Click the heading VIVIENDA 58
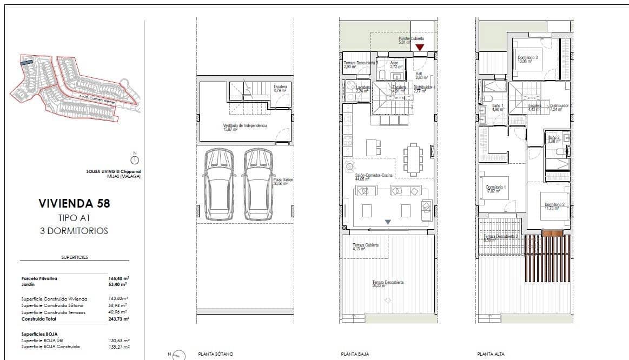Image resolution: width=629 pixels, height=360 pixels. [74, 203]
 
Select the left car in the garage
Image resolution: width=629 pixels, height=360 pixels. [220, 184]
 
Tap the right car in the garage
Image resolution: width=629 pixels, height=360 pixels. [257, 184]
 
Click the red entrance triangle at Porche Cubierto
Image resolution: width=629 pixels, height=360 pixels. [420, 48]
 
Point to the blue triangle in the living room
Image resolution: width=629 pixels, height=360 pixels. [388, 222]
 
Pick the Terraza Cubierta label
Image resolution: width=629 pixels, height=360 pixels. [366, 245]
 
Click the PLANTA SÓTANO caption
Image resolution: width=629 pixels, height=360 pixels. [216, 354]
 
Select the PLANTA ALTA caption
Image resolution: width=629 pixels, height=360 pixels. [491, 354]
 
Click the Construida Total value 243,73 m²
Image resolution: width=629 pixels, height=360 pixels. [118, 319]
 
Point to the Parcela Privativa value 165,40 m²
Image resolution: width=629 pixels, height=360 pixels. [117, 278]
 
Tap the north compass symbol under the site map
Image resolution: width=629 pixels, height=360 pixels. [135, 159]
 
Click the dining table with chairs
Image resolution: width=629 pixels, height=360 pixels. [413, 159]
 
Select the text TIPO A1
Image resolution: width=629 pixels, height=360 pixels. [74, 218]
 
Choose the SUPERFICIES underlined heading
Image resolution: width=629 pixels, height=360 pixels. [75, 257]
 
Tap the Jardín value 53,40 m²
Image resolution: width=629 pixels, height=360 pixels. [117, 284]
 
